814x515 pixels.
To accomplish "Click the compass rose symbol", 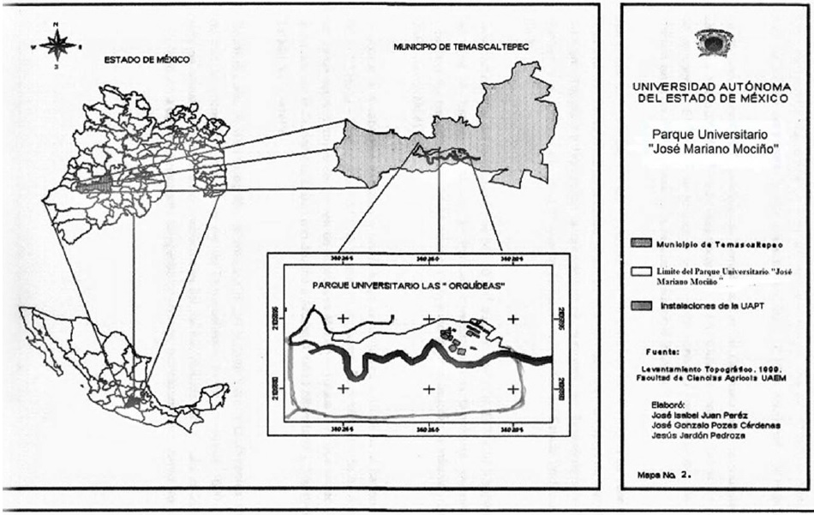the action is click(x=56, y=44).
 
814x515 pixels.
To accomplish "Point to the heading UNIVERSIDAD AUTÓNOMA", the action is click(x=710, y=87).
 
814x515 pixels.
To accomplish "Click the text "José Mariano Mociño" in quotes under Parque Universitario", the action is click(x=710, y=149).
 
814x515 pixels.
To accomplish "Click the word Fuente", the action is click(x=664, y=351).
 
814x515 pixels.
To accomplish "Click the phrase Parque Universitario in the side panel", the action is click(x=709, y=135).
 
